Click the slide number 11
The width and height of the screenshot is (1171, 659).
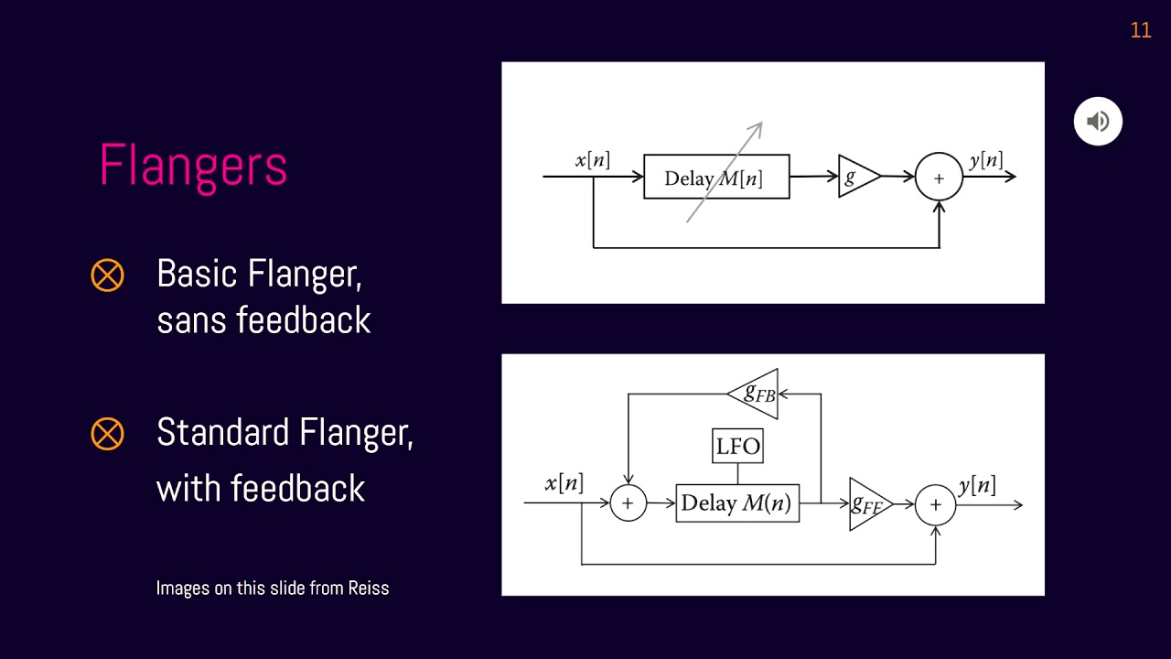[x=1140, y=30]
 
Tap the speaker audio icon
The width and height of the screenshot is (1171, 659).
[x=1098, y=121]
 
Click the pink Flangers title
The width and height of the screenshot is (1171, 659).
[x=193, y=166]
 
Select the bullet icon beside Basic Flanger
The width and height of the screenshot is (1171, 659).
[x=107, y=275]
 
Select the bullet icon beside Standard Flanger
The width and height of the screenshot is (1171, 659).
[x=107, y=433]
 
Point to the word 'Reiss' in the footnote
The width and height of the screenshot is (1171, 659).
[x=368, y=588]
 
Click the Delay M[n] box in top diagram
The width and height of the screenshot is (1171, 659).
[x=715, y=177]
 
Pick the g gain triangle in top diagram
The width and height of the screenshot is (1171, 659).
[x=856, y=177]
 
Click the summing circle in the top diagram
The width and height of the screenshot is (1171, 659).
[x=939, y=178]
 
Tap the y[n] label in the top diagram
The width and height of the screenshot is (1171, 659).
[x=985, y=160]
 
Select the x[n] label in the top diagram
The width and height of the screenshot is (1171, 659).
[x=592, y=160]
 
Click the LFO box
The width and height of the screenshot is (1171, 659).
[x=737, y=447]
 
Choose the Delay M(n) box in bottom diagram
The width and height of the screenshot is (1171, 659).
[x=737, y=503]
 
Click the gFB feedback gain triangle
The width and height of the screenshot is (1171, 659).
[x=756, y=394]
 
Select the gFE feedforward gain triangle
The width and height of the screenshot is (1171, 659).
[x=866, y=504]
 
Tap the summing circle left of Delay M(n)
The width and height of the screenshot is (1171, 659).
[x=628, y=503]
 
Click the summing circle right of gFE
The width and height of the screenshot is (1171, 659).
[x=935, y=504]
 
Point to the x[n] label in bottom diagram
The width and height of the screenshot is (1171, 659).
[x=564, y=483]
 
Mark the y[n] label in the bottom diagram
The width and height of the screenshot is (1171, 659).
[x=977, y=485]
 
